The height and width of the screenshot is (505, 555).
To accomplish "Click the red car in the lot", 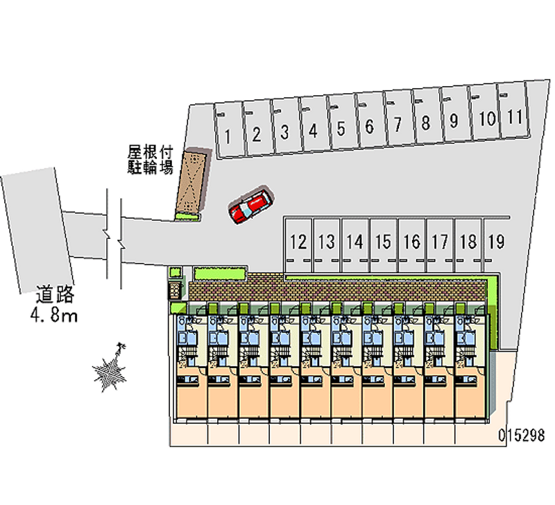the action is click(x=251, y=206).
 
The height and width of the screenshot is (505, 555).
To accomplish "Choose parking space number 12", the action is click(x=298, y=245).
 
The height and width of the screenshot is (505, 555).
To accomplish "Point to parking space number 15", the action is click(x=384, y=245).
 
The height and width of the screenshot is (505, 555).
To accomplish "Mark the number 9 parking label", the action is click(x=454, y=120).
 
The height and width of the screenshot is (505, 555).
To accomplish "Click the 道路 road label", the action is click(x=55, y=294).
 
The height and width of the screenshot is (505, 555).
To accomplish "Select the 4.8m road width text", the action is click(x=54, y=315).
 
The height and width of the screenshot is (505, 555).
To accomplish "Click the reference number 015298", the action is click(x=521, y=435).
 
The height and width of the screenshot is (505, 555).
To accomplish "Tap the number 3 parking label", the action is click(x=284, y=132).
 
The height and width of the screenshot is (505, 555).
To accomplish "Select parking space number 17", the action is click(x=440, y=245).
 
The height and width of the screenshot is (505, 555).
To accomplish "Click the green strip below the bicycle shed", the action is click(x=187, y=217).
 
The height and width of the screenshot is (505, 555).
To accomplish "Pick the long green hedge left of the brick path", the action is click(x=220, y=274).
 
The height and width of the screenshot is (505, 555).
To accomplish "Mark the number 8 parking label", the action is click(x=425, y=123).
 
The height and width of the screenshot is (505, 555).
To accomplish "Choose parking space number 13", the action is click(x=326, y=245).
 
